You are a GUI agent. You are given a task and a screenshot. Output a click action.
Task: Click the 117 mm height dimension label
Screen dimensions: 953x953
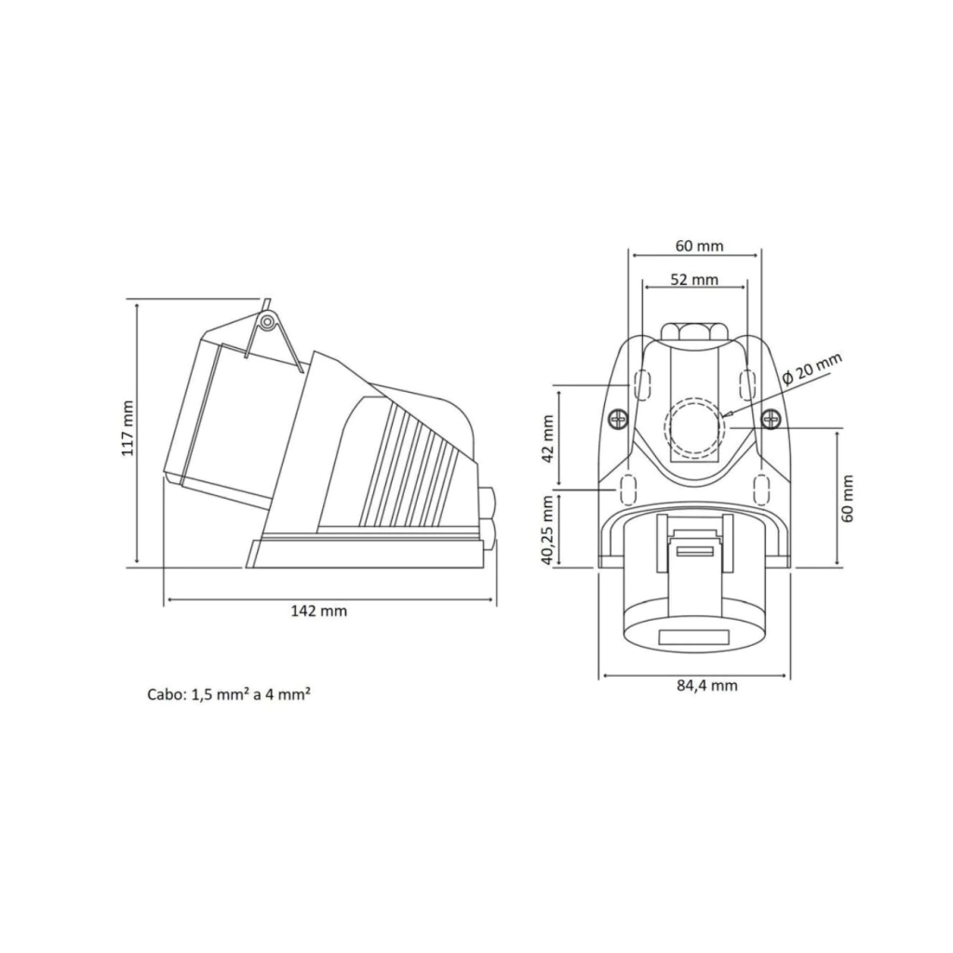tap(128, 428)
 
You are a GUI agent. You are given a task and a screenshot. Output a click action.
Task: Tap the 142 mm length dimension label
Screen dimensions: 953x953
tap(319, 611)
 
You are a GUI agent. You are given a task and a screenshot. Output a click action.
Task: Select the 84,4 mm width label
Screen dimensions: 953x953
tap(707, 686)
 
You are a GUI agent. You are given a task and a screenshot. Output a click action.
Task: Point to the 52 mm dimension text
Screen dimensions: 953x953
tap(694, 279)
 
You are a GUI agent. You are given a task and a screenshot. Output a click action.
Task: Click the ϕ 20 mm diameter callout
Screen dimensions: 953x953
tap(812, 369)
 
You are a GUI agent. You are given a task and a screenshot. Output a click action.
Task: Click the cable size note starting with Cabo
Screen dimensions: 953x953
tap(230, 694)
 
